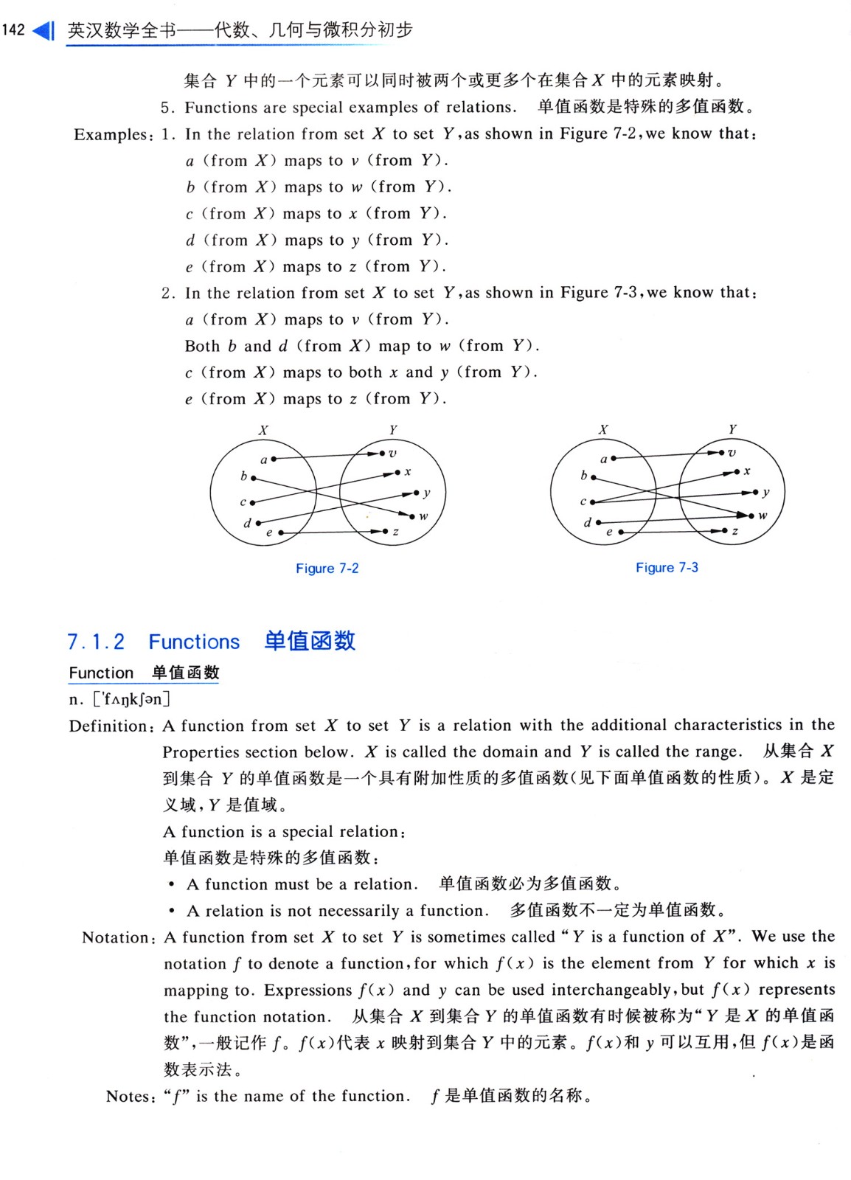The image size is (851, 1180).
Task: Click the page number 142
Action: [13, 30]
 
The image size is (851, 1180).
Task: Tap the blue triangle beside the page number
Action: [44, 31]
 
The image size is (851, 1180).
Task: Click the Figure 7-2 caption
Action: [327, 569]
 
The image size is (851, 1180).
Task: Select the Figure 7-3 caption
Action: [667, 568]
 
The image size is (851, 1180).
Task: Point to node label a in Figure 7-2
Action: [263, 460]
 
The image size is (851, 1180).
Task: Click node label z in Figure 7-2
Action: [396, 532]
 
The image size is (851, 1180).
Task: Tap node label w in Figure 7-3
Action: [763, 516]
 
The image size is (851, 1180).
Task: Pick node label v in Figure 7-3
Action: [732, 453]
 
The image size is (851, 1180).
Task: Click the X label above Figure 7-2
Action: [263, 430]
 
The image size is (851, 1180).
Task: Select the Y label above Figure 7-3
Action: [732, 429]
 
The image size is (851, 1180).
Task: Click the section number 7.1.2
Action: [96, 642]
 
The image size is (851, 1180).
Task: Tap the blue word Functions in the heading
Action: [194, 642]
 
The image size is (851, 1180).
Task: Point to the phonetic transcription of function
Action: [131, 698]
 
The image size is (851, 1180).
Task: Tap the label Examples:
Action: [114, 135]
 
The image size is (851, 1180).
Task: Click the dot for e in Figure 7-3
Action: [621, 532]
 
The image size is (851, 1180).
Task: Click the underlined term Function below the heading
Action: [101, 673]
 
